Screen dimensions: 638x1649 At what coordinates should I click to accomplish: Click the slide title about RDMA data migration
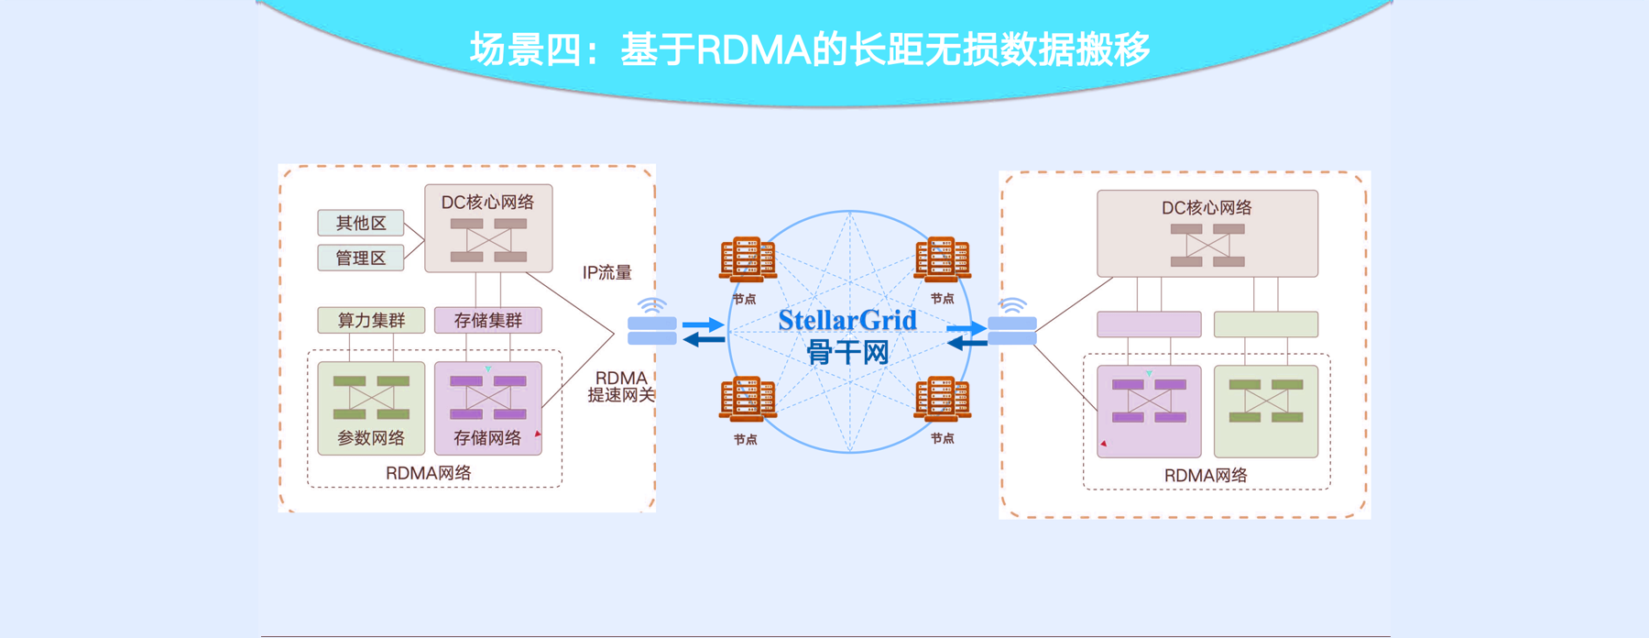click(x=810, y=49)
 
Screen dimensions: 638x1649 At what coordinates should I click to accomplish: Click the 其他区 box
click(x=361, y=223)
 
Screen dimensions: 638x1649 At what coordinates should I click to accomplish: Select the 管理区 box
click(x=361, y=258)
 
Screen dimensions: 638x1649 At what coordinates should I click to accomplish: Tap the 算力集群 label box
click(x=371, y=320)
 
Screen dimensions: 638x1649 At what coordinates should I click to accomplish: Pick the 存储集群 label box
click(x=487, y=320)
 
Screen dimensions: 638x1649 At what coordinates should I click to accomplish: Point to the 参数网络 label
click(x=371, y=438)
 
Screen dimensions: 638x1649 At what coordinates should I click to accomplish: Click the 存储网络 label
click(x=487, y=438)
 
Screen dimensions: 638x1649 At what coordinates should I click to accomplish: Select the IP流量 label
click(x=607, y=272)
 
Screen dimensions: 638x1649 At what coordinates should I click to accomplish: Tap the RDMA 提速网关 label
click(x=621, y=386)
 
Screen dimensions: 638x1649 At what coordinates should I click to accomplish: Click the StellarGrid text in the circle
click(x=847, y=321)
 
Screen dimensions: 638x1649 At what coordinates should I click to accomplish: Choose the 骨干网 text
click(x=847, y=352)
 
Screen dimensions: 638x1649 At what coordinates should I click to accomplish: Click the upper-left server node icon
click(x=748, y=258)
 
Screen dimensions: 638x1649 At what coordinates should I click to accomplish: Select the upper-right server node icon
click(x=942, y=258)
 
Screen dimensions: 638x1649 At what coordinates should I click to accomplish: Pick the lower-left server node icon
click(x=748, y=399)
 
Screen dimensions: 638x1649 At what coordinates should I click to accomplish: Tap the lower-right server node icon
click(x=942, y=399)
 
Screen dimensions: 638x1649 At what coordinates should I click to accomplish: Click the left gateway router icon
click(x=652, y=330)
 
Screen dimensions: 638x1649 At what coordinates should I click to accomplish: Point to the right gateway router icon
click(x=1012, y=330)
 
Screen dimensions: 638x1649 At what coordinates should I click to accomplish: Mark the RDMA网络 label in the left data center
click(x=428, y=473)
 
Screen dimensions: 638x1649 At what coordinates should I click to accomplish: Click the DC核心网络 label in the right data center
click(x=1207, y=208)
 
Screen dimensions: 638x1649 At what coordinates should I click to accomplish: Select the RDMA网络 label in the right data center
click(x=1206, y=476)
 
